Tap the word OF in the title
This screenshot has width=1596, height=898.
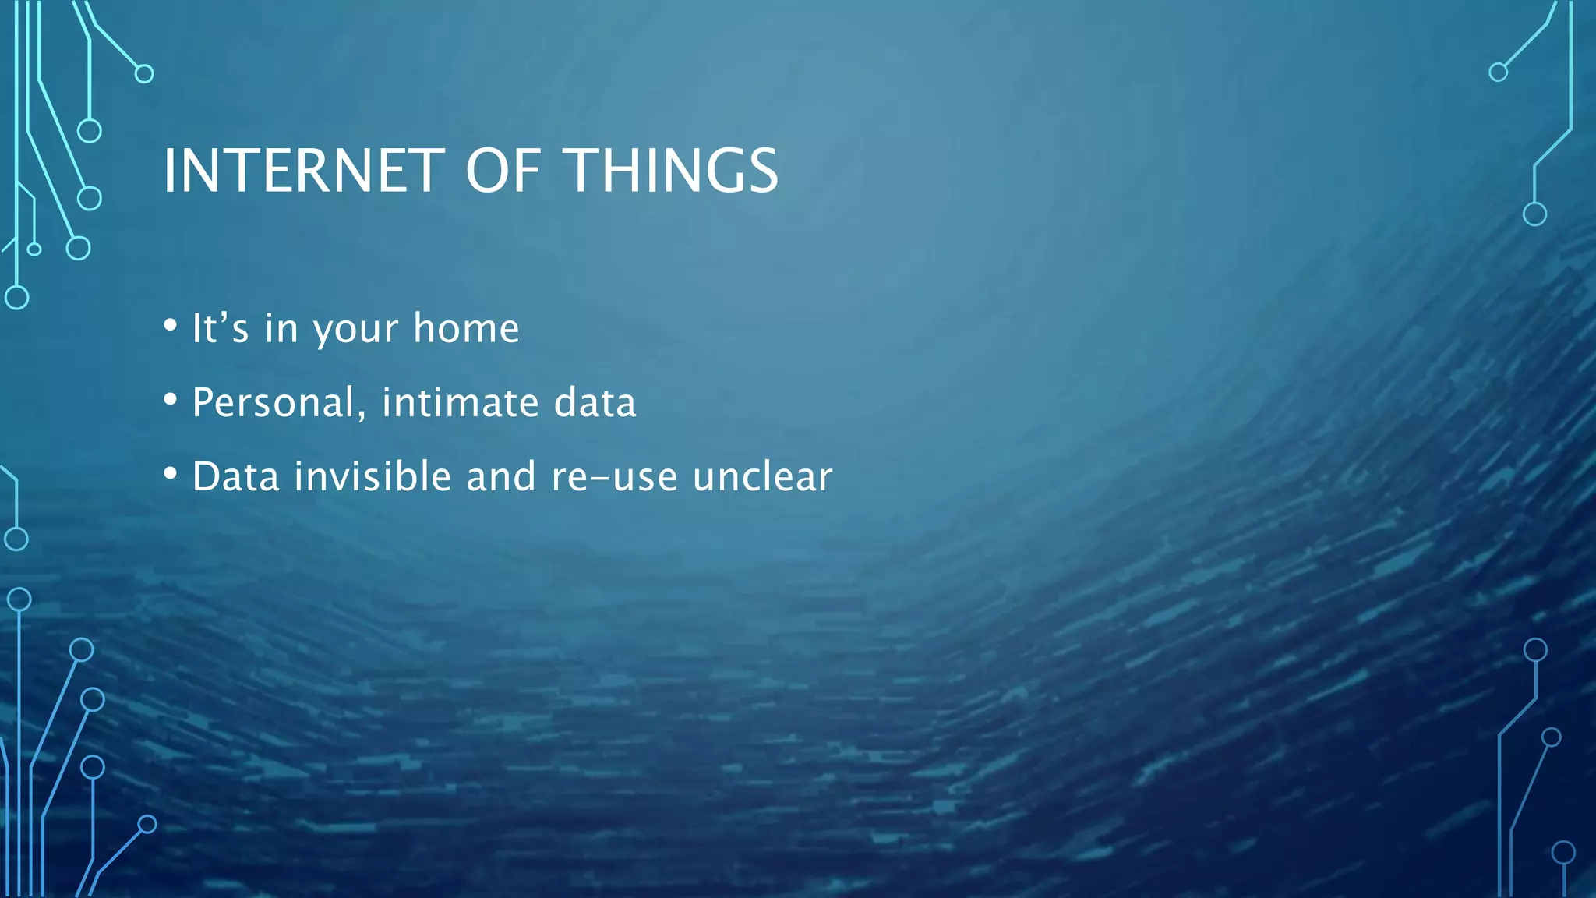click(x=503, y=171)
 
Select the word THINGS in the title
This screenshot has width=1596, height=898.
click(x=670, y=171)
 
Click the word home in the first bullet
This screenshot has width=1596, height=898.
click(x=466, y=328)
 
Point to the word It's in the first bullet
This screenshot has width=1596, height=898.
click(x=220, y=328)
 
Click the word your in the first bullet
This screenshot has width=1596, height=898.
click(x=355, y=331)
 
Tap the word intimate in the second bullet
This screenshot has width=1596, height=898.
click(x=460, y=403)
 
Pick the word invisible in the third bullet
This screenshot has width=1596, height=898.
click(x=373, y=476)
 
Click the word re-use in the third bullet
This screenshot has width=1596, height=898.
click(x=614, y=478)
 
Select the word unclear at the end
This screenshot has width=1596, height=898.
click(x=762, y=476)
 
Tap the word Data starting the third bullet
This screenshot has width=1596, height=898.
click(x=235, y=476)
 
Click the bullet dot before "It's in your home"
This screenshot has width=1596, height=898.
click(x=171, y=325)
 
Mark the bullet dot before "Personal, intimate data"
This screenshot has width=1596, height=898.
click(x=171, y=399)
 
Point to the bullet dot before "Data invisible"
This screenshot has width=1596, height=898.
click(x=171, y=473)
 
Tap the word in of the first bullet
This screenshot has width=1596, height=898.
click(x=281, y=328)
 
